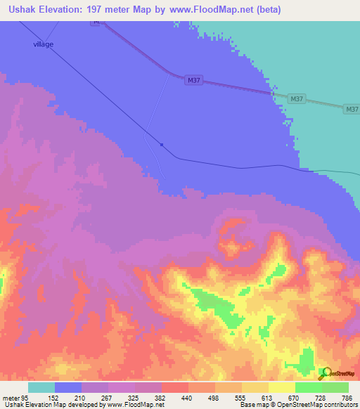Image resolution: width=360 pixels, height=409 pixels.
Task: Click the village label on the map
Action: click(44, 44)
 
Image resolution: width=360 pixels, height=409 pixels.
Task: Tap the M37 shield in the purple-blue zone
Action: click(195, 81)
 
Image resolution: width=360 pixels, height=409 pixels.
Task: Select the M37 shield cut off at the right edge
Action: click(352, 109)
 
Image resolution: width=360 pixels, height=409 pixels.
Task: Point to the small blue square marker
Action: click(162, 145)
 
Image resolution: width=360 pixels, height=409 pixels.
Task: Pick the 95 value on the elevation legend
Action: click(26, 398)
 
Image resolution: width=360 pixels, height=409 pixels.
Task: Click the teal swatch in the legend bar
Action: click(41, 387)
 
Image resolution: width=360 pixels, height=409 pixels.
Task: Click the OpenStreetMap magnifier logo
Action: click(326, 373)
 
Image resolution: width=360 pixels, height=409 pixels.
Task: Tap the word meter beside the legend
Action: click(11, 398)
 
